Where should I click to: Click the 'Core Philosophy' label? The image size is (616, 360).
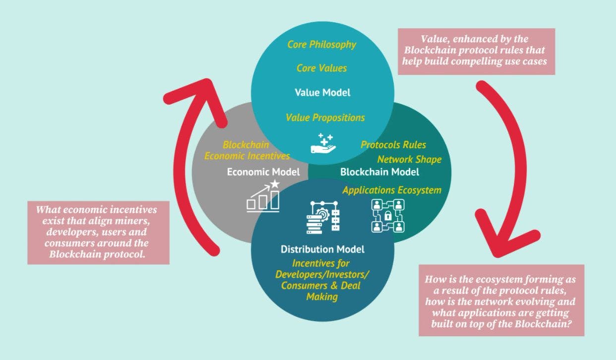pyautogui.click(x=322, y=45)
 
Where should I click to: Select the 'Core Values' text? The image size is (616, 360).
pyautogui.click(x=322, y=68)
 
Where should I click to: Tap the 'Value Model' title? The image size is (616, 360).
pyautogui.click(x=322, y=92)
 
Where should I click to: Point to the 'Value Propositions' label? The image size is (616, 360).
pyautogui.click(x=325, y=118)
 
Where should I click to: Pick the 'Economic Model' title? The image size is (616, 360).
pyautogui.click(x=263, y=172)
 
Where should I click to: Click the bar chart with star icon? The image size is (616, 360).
pyautogui.click(x=263, y=197)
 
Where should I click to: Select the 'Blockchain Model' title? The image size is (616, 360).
pyautogui.click(x=379, y=172)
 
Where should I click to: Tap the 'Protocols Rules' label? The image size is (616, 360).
pyautogui.click(x=393, y=145)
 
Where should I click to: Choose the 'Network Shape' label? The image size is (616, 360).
pyautogui.click(x=409, y=160)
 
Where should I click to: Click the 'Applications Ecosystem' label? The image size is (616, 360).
pyautogui.click(x=392, y=190)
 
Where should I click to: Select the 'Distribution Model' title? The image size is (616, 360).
pyautogui.click(x=322, y=249)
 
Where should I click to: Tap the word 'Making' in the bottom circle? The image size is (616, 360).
pyautogui.click(x=322, y=297)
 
